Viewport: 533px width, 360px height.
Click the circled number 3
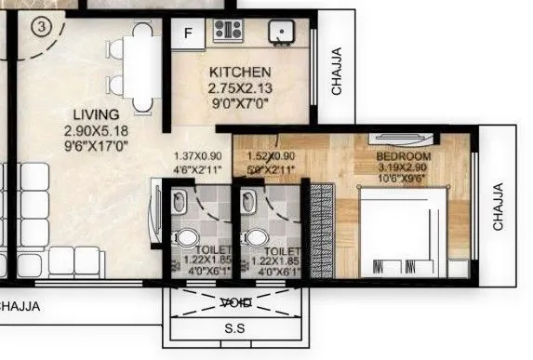[40, 26]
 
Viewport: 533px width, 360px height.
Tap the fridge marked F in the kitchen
[189, 34]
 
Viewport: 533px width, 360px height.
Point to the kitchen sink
[280, 32]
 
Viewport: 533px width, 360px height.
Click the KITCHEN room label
[240, 73]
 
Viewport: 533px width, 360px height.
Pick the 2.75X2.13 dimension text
[240, 88]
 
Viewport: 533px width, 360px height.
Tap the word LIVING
[97, 114]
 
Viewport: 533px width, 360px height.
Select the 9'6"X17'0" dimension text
[97, 145]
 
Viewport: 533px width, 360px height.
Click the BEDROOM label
[404, 156]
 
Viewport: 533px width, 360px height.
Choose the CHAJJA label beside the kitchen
[336, 72]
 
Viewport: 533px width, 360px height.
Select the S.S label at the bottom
[236, 328]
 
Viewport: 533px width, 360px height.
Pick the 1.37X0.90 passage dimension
[198, 156]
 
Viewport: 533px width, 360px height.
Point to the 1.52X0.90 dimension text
[271, 156]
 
